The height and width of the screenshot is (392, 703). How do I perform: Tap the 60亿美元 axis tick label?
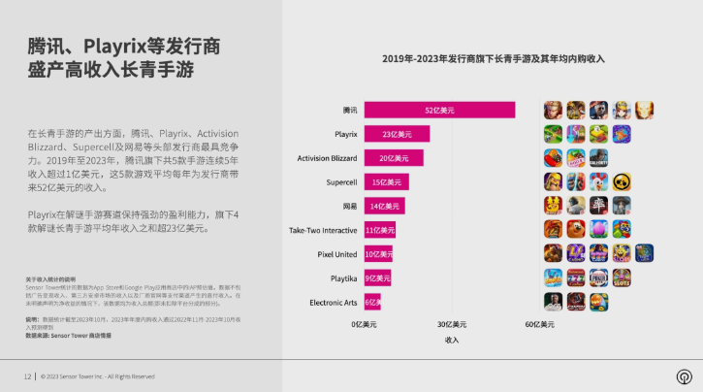pyautogui.click(x=539, y=324)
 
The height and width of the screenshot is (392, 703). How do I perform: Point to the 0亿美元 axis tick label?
pyautogui.click(x=364, y=324)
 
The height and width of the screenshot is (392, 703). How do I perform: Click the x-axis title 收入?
pyautogui.click(x=452, y=340)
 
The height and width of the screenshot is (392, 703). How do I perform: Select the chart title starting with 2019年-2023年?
pyautogui.click(x=493, y=59)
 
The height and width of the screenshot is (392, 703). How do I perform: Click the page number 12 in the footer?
pyautogui.click(x=27, y=376)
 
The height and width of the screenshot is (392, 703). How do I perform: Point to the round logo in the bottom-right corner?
pyautogui.click(x=684, y=376)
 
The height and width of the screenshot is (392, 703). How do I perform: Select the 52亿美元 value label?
pyautogui.click(x=439, y=110)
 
